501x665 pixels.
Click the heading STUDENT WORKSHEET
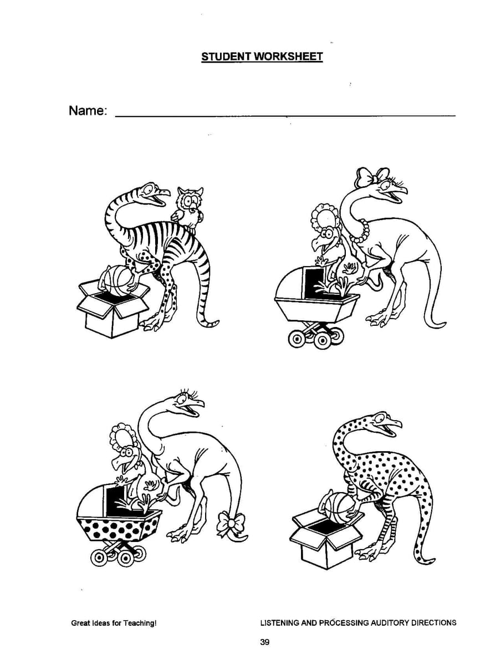[x=262, y=57]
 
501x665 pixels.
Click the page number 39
[x=265, y=642]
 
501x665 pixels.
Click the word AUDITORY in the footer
[x=390, y=622]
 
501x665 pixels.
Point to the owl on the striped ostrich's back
[x=188, y=207]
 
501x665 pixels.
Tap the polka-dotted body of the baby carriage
[x=119, y=529]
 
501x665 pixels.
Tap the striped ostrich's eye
[x=149, y=190]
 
